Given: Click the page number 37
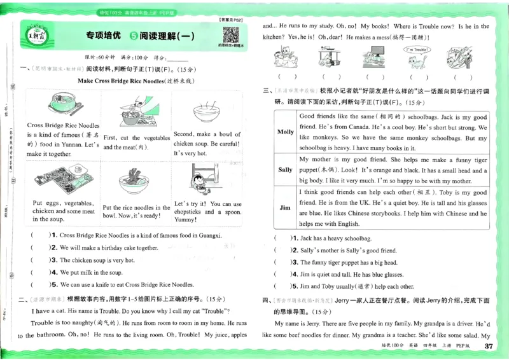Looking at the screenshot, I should click(489, 347).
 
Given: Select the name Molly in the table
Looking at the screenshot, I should click(286, 132).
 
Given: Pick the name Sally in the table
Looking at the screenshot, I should click(286, 170).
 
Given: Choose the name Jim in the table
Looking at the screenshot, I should click(286, 208).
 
